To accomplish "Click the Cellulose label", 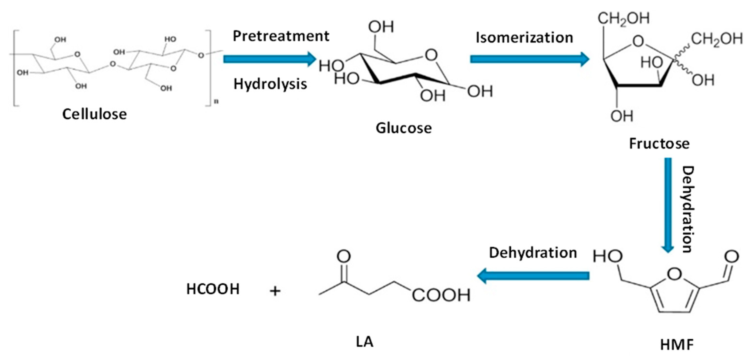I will pos(94,114).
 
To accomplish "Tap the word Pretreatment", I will pos(281,36).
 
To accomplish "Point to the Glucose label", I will pos(404,128).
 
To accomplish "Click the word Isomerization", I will pos(524,38).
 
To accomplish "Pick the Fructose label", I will pos(659,143).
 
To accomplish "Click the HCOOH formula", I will pos(213,289).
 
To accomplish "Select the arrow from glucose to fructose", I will pos(529,59).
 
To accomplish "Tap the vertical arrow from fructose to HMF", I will pos(668,205).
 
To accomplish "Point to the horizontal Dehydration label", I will pos(533,253).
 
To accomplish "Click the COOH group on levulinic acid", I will pos(441,295).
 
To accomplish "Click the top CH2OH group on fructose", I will pos(623,19).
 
